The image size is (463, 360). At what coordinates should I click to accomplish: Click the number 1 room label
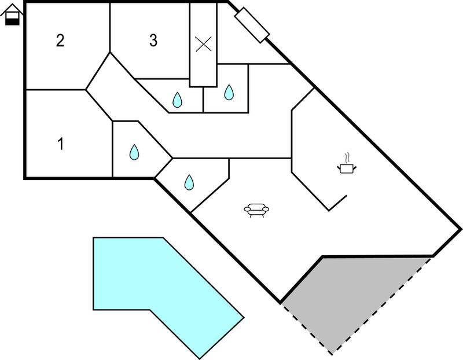pyautogui.click(x=61, y=144)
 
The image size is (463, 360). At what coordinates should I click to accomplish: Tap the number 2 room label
pyautogui.click(x=60, y=41)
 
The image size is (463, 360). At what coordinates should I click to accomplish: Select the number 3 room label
pyautogui.click(x=153, y=41)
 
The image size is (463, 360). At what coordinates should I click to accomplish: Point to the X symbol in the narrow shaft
pyautogui.click(x=204, y=44)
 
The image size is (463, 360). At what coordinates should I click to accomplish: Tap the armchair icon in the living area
pyautogui.click(x=256, y=210)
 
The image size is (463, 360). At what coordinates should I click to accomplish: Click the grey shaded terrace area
pyautogui.click(x=354, y=298)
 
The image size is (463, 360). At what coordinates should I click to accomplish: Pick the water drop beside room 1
pyautogui.click(x=134, y=152)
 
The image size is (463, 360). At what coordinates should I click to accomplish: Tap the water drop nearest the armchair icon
pyautogui.click(x=189, y=182)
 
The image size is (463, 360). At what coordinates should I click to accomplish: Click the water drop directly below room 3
pyautogui.click(x=177, y=100)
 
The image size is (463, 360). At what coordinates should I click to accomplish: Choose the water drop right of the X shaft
pyautogui.click(x=229, y=92)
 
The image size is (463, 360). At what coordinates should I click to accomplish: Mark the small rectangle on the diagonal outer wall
pyautogui.click(x=252, y=25)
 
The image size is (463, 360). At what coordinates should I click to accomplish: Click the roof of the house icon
pyautogui.click(x=12, y=9)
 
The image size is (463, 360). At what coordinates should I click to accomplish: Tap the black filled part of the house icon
pyautogui.click(x=12, y=21)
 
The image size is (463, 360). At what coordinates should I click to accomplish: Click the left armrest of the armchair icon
pyautogui.click(x=247, y=210)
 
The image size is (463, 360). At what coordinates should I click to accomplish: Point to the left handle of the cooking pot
pyautogui.click(x=339, y=168)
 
